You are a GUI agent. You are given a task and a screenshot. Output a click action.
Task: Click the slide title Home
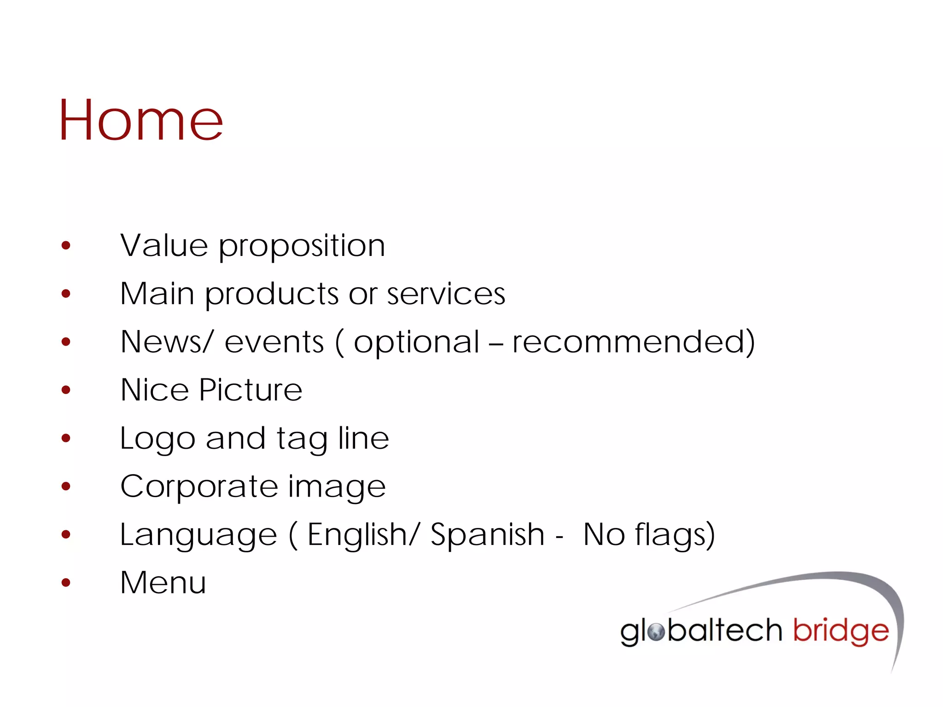coord(140,121)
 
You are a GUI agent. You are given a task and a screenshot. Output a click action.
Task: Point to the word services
coord(446,295)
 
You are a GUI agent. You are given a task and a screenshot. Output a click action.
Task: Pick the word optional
coord(416,343)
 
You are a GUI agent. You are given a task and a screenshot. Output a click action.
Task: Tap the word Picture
coord(250,390)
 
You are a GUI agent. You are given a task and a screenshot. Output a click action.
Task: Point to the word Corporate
coord(199,487)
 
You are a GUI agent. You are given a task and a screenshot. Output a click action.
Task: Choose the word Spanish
coord(487,535)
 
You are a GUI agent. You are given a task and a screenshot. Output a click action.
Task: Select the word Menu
coord(163,583)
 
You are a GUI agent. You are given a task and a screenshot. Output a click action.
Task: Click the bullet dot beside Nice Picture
coord(66,390)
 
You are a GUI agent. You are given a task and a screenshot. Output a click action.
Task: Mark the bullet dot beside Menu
coord(66,583)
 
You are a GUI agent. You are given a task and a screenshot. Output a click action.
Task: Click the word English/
coord(363,535)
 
